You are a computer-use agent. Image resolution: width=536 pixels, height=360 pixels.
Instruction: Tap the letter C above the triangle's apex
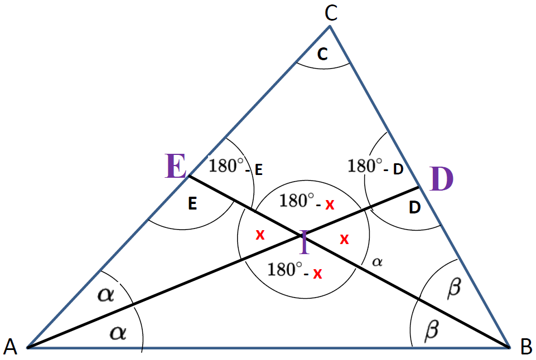coord(331,14)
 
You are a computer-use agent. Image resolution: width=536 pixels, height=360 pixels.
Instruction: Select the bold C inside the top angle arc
coord(322,53)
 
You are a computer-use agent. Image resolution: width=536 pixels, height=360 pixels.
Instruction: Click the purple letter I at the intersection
coord(304,242)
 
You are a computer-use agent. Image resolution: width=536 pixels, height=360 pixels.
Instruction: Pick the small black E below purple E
coord(192,203)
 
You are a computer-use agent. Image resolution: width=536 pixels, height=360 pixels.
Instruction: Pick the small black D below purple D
coord(414,207)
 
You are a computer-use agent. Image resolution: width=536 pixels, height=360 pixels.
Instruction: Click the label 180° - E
coord(235,166)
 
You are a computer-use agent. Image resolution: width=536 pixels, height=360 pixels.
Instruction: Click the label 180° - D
coord(375,166)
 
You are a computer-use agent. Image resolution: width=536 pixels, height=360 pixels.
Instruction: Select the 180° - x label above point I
coord(307,201)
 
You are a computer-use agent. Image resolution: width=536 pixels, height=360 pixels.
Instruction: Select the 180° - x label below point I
coord(294,270)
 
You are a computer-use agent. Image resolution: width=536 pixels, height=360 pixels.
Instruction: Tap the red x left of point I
coord(260,235)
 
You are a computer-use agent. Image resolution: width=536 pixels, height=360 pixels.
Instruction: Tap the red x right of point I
coord(344,239)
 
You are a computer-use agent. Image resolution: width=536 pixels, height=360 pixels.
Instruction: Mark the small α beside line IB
coord(377,262)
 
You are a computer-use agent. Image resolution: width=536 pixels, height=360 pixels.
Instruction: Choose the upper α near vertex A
coord(105,294)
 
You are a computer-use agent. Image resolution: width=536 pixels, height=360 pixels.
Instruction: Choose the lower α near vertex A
coord(118,332)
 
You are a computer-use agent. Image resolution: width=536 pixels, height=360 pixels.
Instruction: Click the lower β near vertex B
coord(432,330)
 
